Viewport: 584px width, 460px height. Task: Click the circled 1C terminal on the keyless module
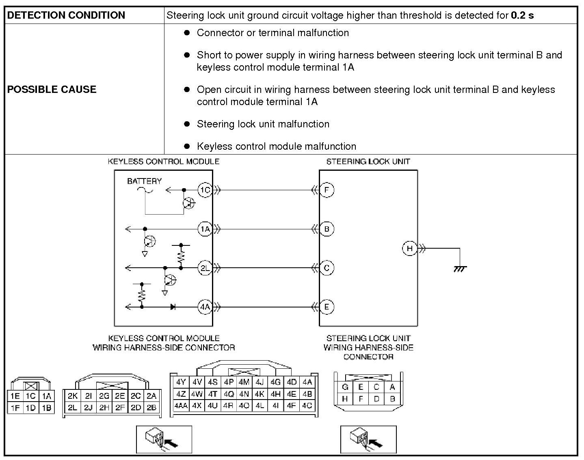205,190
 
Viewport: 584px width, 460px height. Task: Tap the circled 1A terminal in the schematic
205,229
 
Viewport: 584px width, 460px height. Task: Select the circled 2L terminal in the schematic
205,268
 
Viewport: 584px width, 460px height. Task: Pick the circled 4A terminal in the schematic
205,307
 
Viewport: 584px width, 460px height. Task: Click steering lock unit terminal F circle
327,190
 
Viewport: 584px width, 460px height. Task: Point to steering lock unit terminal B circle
327,229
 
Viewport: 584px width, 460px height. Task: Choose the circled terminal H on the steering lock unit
409,248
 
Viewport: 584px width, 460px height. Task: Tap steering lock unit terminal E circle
327,307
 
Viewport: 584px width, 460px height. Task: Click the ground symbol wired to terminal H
460,269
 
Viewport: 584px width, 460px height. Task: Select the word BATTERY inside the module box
144,181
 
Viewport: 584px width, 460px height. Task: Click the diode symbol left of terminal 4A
173,307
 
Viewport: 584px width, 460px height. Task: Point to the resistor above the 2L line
181,256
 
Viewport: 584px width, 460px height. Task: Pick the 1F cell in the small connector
15,408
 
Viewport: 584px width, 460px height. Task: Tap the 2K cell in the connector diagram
73,396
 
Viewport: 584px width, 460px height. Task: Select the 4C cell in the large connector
307,405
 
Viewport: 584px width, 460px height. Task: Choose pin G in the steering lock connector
345,387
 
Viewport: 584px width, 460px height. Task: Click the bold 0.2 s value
522,15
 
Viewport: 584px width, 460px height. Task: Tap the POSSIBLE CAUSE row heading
52,89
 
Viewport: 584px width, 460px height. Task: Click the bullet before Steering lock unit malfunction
187,124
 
